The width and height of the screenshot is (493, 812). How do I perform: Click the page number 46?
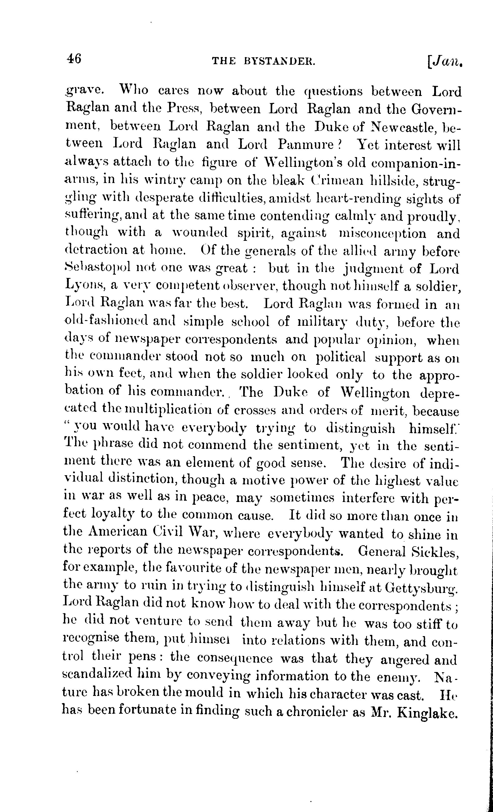pyautogui.click(x=74, y=60)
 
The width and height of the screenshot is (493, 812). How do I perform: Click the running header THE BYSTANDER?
pyautogui.click(x=264, y=61)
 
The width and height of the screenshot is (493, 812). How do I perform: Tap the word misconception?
pyautogui.click(x=382, y=234)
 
